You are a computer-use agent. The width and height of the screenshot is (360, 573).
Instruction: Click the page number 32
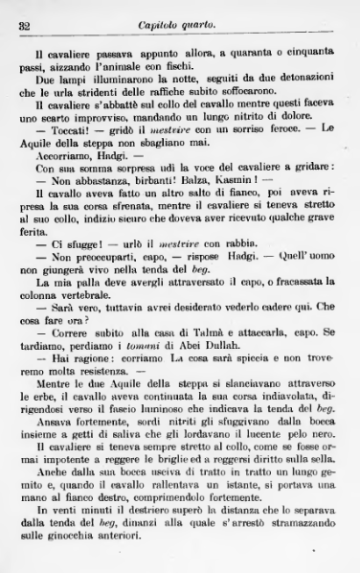25,26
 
